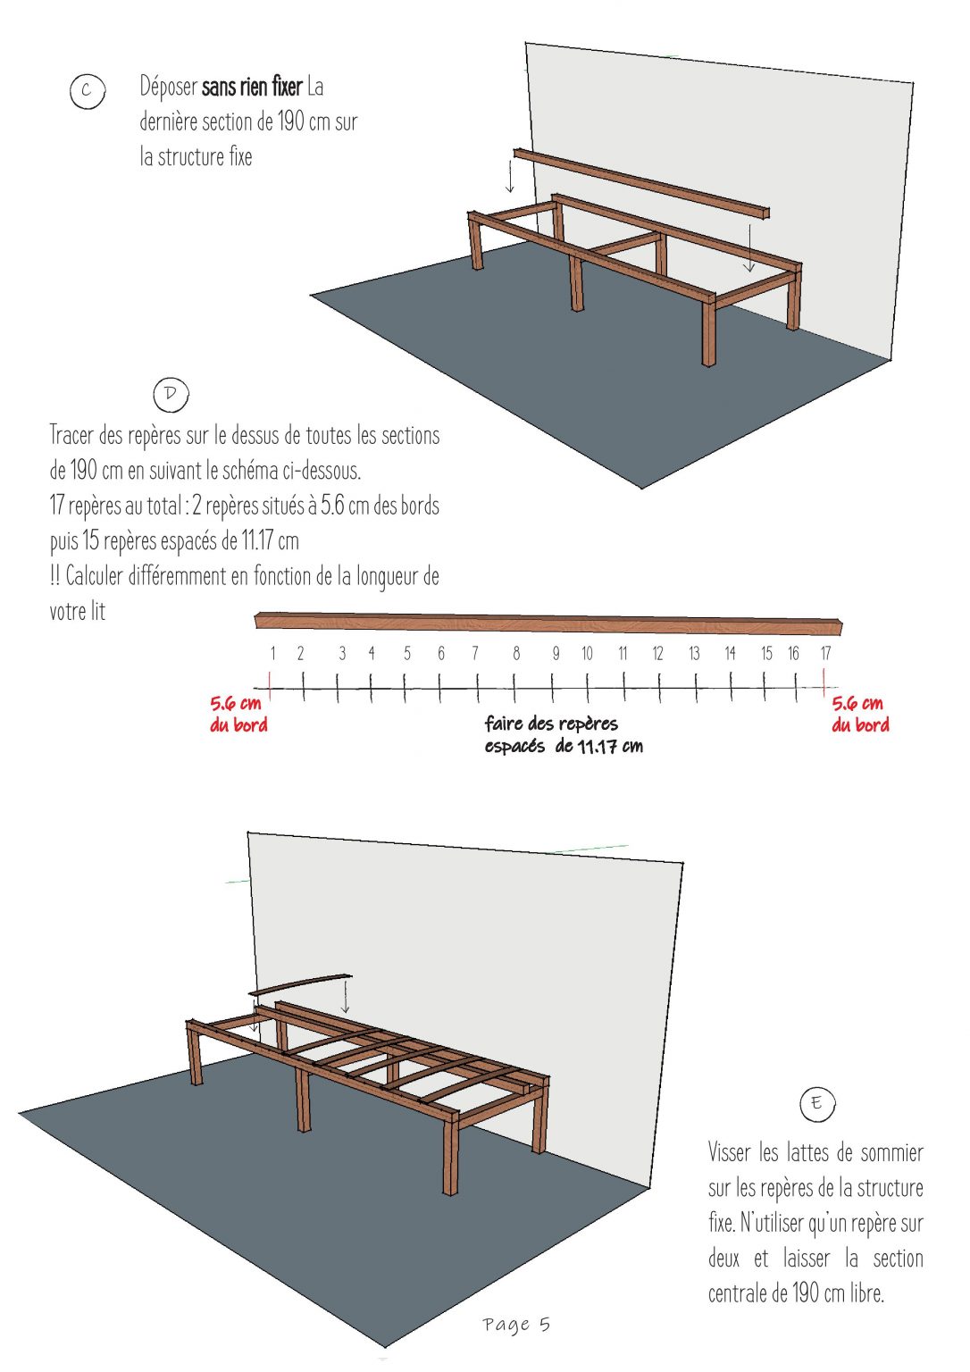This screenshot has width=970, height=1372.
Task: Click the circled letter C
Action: pos(87,91)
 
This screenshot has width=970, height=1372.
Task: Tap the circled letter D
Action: pos(171,394)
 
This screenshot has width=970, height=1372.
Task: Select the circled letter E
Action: pos(816,1104)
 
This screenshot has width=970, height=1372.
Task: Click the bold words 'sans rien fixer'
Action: pos(252,87)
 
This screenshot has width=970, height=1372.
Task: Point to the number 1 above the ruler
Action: pos(273,654)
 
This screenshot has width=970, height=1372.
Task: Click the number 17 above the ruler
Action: pos(826,654)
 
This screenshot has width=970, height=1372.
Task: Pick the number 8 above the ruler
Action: pos(516,654)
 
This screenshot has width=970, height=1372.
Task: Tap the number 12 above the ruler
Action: pos(657,654)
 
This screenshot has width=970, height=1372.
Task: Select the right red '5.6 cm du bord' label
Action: pos(860,714)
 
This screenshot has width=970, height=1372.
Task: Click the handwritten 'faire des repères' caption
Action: pos(551,724)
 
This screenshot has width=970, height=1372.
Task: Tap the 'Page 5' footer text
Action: pos(516,1324)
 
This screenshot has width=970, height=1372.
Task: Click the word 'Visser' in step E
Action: pos(729,1152)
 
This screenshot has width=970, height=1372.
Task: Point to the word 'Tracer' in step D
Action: pos(71,436)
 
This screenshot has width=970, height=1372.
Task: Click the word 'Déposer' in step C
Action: pos(168,87)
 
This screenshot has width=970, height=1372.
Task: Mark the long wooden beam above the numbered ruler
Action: pos(548,623)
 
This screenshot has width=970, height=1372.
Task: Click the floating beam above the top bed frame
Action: pos(640,183)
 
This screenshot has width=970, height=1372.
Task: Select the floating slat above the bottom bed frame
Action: pos(300,983)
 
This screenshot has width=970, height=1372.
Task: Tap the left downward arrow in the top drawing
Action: pos(511,174)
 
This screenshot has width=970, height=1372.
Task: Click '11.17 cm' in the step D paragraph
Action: pos(270,541)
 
